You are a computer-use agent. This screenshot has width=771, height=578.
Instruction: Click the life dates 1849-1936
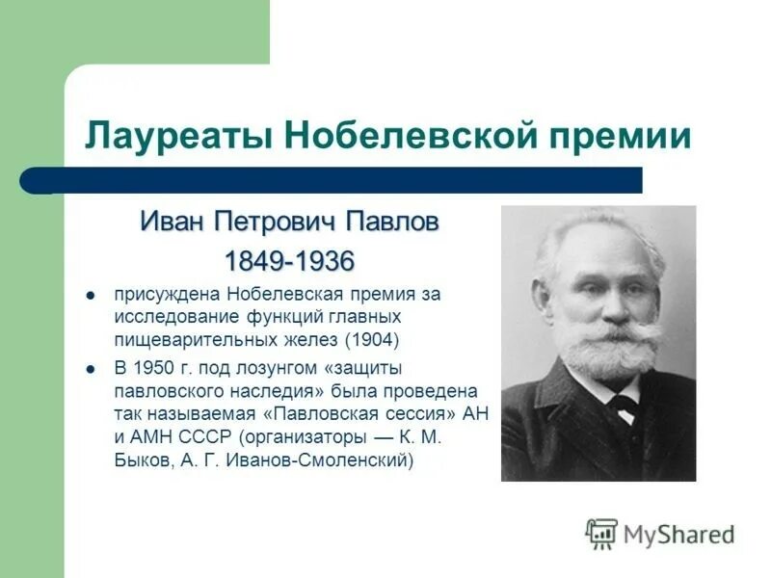pyautogui.click(x=289, y=261)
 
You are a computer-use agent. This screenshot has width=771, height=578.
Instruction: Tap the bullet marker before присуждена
pyautogui.click(x=90, y=295)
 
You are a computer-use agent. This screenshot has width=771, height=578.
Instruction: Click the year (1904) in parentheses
pyautogui.click(x=374, y=339)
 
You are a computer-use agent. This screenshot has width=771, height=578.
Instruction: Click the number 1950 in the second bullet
pyautogui.click(x=155, y=369)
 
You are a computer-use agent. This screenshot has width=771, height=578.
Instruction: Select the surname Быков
pyautogui.click(x=143, y=460)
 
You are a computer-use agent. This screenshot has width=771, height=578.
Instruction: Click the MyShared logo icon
pyautogui.click(x=601, y=533)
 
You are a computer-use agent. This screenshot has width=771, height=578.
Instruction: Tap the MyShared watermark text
pyautogui.click(x=678, y=534)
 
